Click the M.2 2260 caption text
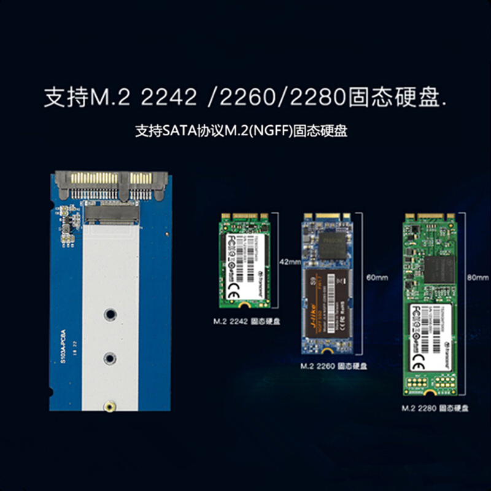(x=319, y=366)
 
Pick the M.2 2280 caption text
(x=420, y=408)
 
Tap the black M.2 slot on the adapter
(x=111, y=214)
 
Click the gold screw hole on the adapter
(x=109, y=406)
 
